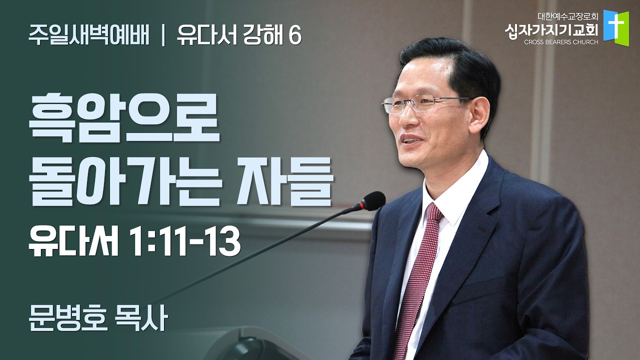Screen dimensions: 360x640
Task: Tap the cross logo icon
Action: tap(615, 25)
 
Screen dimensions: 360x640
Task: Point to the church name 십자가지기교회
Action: tap(551, 30)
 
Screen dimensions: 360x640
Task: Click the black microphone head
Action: tap(372, 201)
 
